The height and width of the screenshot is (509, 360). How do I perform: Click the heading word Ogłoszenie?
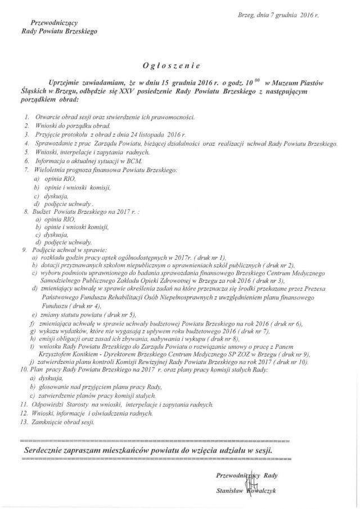pos(180,65)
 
